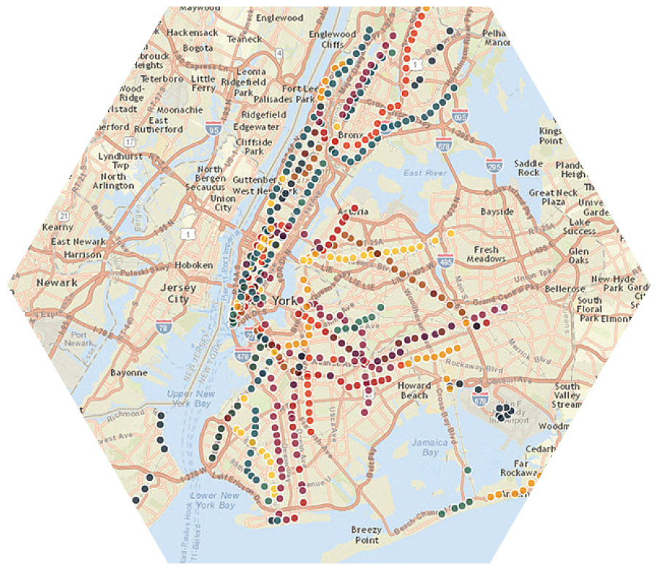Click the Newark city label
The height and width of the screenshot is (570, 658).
coord(57,282)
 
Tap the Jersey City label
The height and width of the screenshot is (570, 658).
coord(178,293)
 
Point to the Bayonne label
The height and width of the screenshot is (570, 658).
coord(129,372)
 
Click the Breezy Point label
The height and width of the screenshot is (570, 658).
coord(366,534)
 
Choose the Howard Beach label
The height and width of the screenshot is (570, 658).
coord(414,390)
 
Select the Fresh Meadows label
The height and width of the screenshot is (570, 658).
coord(486,254)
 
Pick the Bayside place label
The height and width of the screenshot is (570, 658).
coord(497,212)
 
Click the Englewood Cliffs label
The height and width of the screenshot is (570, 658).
coord(332,39)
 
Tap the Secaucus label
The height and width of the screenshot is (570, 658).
coord(205,186)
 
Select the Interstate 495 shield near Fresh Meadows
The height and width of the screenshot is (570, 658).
coord(445,260)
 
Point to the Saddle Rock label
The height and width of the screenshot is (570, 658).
coord(528,167)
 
